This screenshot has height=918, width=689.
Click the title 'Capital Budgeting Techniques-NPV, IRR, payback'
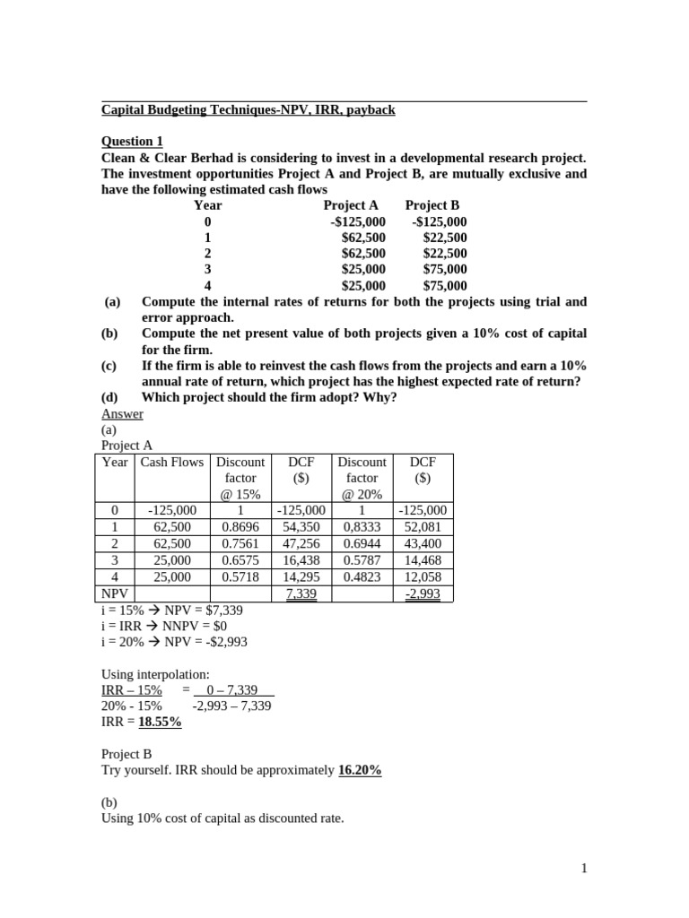pos(248,110)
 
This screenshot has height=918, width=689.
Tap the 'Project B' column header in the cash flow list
pos(432,205)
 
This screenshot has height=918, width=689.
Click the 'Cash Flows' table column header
pos(171,462)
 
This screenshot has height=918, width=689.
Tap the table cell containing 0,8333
pos(362,527)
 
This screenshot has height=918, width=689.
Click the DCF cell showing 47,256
pos(301,543)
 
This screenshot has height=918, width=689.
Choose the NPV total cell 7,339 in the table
pos(301,593)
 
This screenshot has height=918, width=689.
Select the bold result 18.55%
pos(160,722)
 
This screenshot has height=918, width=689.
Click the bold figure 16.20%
pos(360,770)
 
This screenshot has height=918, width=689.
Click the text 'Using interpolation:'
pos(154,673)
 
